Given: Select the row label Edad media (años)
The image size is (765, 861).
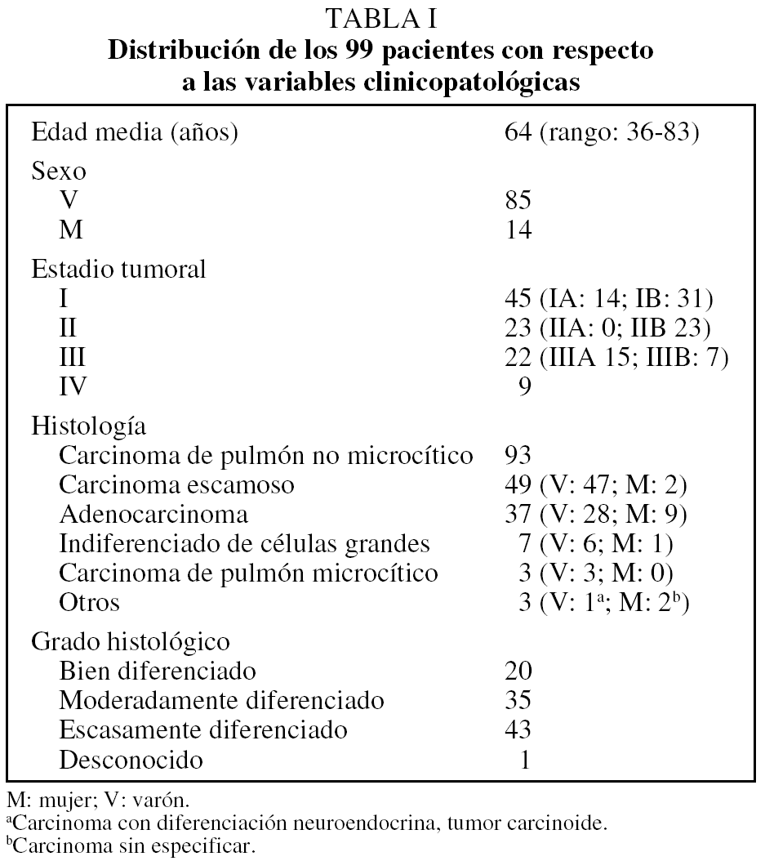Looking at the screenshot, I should tap(135, 133).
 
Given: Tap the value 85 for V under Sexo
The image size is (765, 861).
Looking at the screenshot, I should tap(518, 201).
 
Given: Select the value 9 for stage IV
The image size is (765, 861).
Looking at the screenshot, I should tap(525, 386).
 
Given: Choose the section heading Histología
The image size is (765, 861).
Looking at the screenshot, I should tap(89, 425).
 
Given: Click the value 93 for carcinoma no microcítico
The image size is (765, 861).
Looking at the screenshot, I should tap(518, 455).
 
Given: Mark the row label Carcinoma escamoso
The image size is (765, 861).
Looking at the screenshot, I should tap(176, 485).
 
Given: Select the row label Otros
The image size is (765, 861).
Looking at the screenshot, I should tap(90, 604).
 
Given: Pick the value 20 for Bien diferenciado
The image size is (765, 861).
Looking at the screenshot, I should tap(518, 671).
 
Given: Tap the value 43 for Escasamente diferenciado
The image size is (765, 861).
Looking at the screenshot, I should tap(518, 729).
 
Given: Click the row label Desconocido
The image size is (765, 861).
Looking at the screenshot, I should tap(131, 761).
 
